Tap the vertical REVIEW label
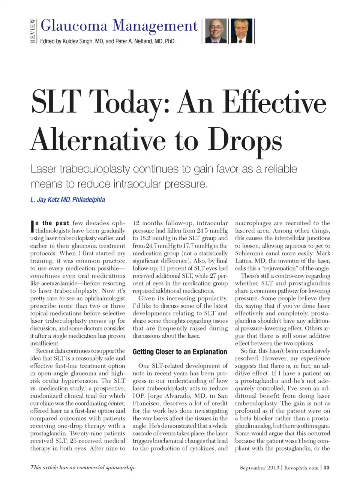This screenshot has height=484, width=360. pos(33,31)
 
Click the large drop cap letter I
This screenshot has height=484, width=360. pos(32,227)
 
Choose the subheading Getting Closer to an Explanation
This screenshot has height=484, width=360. pos(180,352)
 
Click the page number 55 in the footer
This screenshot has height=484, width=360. pos(327,467)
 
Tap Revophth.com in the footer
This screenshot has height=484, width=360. pos(301,467)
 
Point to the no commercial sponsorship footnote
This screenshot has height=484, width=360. pos(83,467)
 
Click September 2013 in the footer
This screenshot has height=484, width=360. pos(259,467)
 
